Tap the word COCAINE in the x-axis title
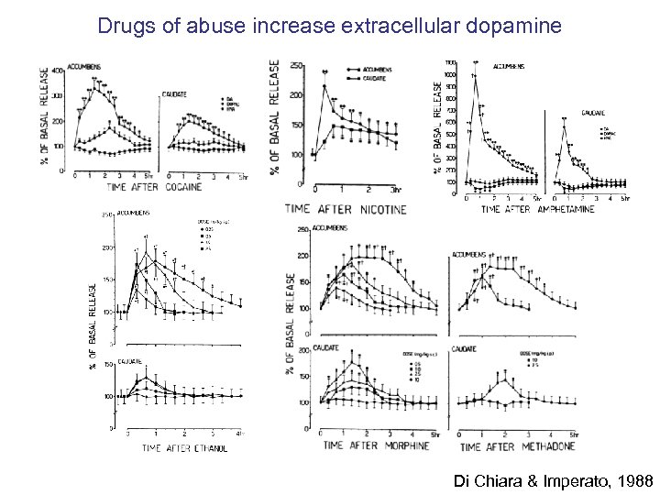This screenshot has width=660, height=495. coord(211,186)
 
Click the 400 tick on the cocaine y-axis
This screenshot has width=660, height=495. coord(56,70)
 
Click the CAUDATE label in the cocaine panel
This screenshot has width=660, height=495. coord(175,93)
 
